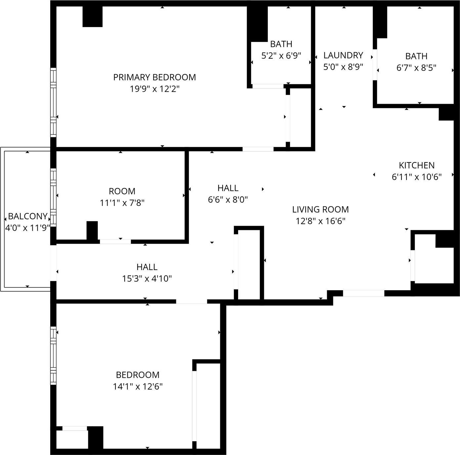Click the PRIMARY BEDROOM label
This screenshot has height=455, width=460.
point(154,77)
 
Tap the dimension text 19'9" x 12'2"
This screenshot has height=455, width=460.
point(154,89)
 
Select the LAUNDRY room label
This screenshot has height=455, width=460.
point(343,55)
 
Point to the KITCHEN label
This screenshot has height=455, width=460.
point(416,165)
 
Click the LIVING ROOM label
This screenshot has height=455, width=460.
point(320,209)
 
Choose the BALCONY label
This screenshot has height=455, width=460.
point(27,216)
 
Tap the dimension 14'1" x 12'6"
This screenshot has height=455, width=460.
point(138,386)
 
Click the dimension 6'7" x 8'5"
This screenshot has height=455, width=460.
point(416,68)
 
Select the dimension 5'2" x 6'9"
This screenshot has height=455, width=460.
point(281,55)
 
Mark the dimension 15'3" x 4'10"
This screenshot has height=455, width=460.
point(147,278)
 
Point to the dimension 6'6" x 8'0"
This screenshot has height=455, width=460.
point(228,199)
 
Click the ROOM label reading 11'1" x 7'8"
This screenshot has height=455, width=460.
point(122,191)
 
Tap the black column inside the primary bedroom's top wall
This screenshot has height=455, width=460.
point(92,17)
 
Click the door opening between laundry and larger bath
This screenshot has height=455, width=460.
point(375,65)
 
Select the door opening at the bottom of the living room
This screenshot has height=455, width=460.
point(363,293)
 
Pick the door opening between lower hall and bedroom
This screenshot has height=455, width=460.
point(191,301)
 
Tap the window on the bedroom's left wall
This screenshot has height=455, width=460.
point(53,356)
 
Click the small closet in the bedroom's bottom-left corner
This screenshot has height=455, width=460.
point(72,439)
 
